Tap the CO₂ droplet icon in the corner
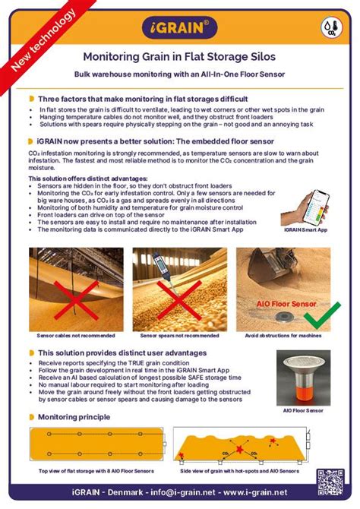point(332,27)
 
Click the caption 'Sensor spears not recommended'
point(179,335)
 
